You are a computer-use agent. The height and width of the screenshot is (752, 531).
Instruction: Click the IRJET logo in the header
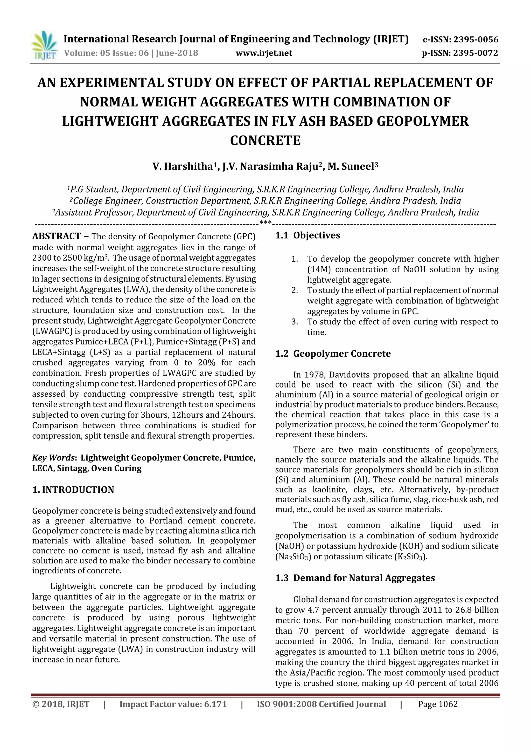tap(44, 45)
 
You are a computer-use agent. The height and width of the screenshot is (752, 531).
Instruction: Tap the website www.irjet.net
tap(264, 53)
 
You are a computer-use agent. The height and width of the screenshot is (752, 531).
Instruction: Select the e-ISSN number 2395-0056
tap(475, 40)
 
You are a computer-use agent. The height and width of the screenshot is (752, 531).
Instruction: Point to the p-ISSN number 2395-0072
tap(475, 53)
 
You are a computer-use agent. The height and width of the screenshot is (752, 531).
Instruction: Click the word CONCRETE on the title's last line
tap(265, 140)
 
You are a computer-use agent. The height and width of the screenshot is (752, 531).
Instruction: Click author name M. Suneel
tap(351, 167)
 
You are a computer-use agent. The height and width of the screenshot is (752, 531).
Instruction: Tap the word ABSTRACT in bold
tap(56, 236)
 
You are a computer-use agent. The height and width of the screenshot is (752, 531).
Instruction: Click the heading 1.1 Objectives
tap(308, 235)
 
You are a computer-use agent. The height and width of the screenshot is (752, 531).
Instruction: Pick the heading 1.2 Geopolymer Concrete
tap(333, 354)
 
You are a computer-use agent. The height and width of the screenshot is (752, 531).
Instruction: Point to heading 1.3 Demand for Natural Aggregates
tap(355, 578)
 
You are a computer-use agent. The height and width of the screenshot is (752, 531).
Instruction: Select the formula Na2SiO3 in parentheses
tap(293, 557)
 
